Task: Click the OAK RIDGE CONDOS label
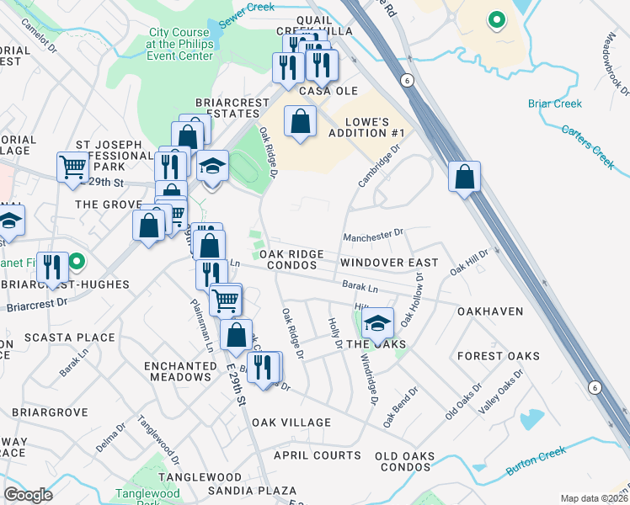click(291, 259)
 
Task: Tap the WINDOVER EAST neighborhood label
click(389, 263)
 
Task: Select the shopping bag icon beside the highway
click(464, 177)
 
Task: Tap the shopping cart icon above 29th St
click(73, 167)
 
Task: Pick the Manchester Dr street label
click(374, 236)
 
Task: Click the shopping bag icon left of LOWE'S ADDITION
click(300, 122)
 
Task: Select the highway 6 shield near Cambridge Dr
click(407, 79)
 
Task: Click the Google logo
click(28, 495)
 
